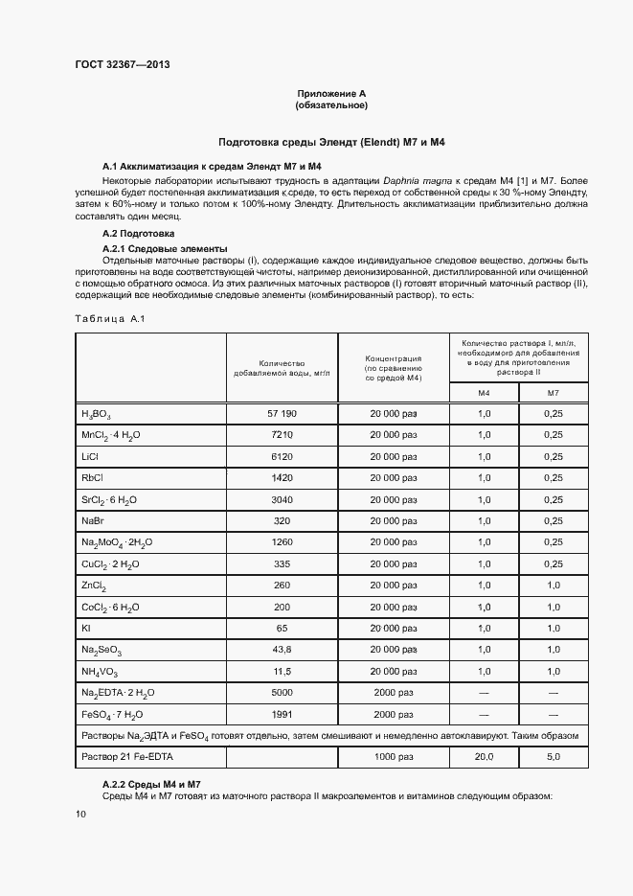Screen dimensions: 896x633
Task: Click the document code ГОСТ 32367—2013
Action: coord(122,65)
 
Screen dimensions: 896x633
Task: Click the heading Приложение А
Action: coord(331,93)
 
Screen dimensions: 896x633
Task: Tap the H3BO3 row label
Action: coord(97,414)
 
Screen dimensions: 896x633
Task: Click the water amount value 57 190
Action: coord(282,413)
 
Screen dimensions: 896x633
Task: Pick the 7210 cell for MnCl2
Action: coord(282,434)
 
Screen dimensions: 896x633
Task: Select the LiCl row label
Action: coord(91,456)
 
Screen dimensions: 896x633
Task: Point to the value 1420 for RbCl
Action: coord(282,477)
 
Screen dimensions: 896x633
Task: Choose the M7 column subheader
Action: coord(553,393)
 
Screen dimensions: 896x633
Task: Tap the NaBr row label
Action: coord(93,519)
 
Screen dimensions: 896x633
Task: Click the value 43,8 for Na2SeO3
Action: coord(282,649)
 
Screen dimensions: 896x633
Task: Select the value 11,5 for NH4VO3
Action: coord(282,670)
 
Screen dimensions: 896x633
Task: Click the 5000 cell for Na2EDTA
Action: coord(282,691)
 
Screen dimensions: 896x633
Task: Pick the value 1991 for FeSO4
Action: coord(282,713)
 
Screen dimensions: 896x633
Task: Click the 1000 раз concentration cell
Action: coord(394,757)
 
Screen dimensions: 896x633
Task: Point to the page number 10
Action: coord(80,814)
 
